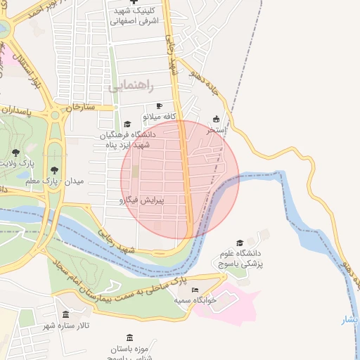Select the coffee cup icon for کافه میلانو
[x=159, y=105]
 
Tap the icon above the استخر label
[x=216, y=119]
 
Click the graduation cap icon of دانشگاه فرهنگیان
[x=127, y=124]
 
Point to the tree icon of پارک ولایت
[x=15, y=153]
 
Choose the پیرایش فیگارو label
[x=146, y=200]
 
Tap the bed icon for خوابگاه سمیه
[x=195, y=290]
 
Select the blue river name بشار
[x=349, y=320]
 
